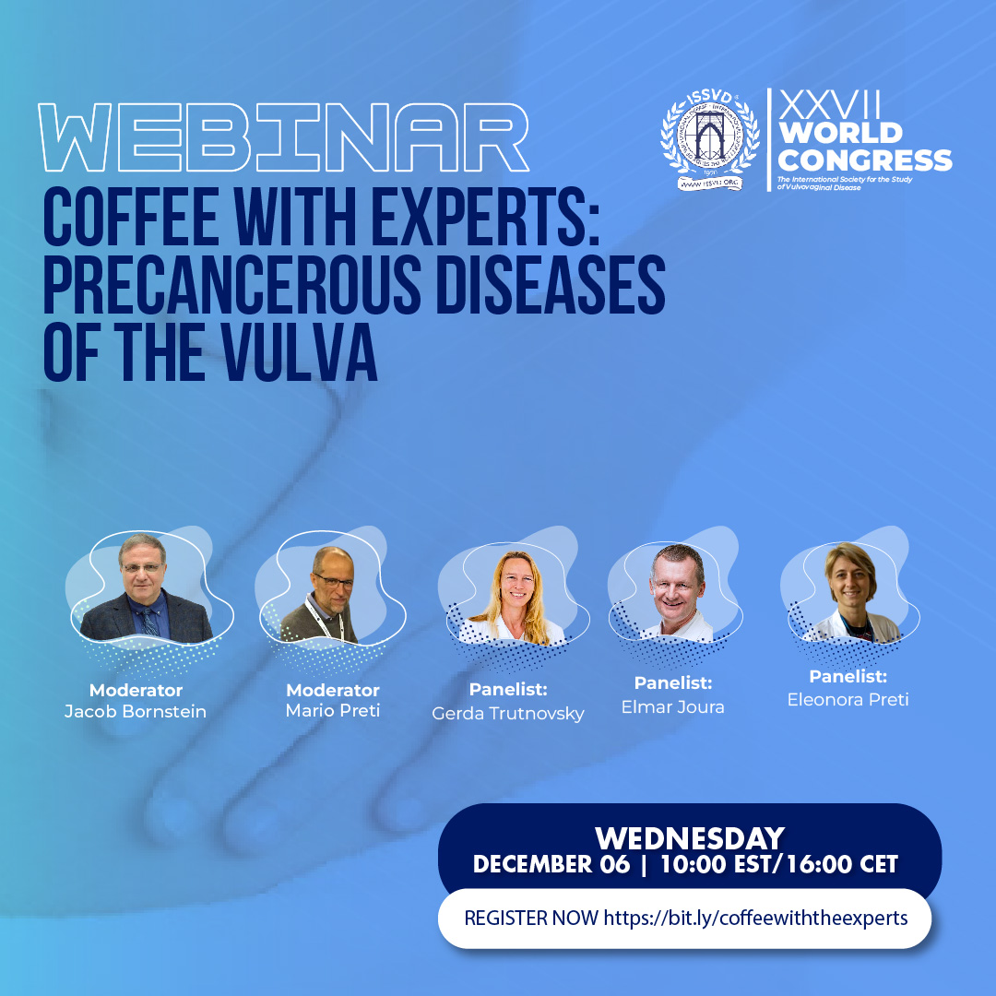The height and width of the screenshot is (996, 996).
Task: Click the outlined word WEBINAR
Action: [x=284, y=139]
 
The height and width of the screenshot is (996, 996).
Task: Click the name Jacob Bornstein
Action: [x=136, y=711]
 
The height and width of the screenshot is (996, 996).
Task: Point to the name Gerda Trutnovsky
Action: [x=508, y=714]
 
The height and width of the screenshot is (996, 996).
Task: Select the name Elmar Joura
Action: [x=674, y=707]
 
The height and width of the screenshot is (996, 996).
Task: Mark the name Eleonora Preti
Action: [x=848, y=700]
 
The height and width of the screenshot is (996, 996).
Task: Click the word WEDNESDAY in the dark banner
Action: [x=689, y=838]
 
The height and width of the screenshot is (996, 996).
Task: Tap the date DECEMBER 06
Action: [x=551, y=865]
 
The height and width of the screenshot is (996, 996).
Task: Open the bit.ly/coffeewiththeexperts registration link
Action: [x=755, y=919]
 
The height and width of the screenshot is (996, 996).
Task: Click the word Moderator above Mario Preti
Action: [x=332, y=690]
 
